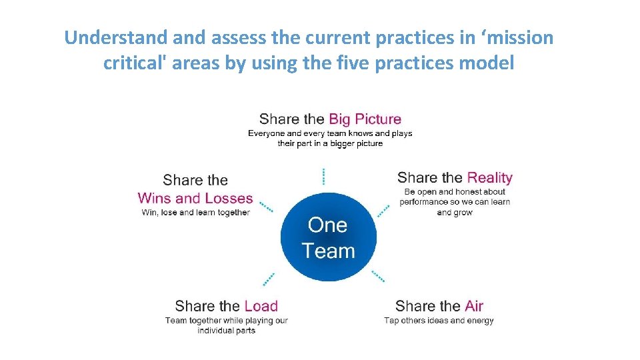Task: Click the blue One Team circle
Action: tap(328, 237)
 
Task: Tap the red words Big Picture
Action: tap(365, 119)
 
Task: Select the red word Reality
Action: tap(489, 177)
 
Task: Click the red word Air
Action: tap(474, 306)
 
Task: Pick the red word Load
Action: tap(261, 306)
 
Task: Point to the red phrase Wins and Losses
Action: tap(195, 198)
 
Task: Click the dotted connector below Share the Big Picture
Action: tap(323, 176)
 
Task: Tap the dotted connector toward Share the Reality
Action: tap(383, 210)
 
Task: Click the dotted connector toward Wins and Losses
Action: tap(266, 206)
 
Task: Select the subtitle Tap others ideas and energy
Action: tap(439, 321)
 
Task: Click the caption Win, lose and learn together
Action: tap(195, 213)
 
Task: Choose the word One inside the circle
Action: tap(327, 225)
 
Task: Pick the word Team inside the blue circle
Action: tap(328, 251)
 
